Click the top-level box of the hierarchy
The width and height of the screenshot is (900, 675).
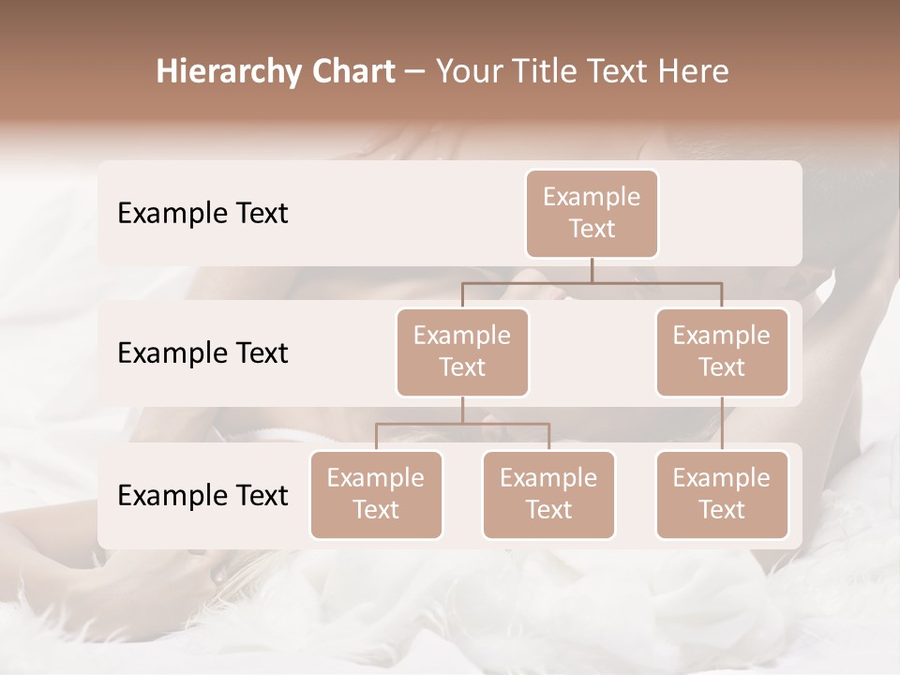(592, 213)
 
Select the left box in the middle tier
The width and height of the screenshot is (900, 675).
(462, 352)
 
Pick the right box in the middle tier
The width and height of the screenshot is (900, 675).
(722, 352)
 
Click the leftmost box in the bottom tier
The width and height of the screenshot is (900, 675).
(376, 494)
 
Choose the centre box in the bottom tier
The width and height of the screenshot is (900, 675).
(548, 494)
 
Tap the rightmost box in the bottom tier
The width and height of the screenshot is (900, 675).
(722, 494)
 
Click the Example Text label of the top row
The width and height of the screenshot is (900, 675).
(202, 214)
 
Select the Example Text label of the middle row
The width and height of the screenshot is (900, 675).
(202, 353)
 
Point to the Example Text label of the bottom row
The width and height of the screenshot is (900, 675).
(202, 495)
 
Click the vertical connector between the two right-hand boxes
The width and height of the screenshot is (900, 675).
(722, 424)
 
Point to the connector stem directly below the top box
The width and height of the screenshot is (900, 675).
(592, 270)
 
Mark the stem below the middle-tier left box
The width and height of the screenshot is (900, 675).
(462, 410)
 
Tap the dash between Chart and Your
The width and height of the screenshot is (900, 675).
(414, 72)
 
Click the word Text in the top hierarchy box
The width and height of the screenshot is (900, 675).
(592, 229)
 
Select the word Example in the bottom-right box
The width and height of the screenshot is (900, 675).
(722, 478)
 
